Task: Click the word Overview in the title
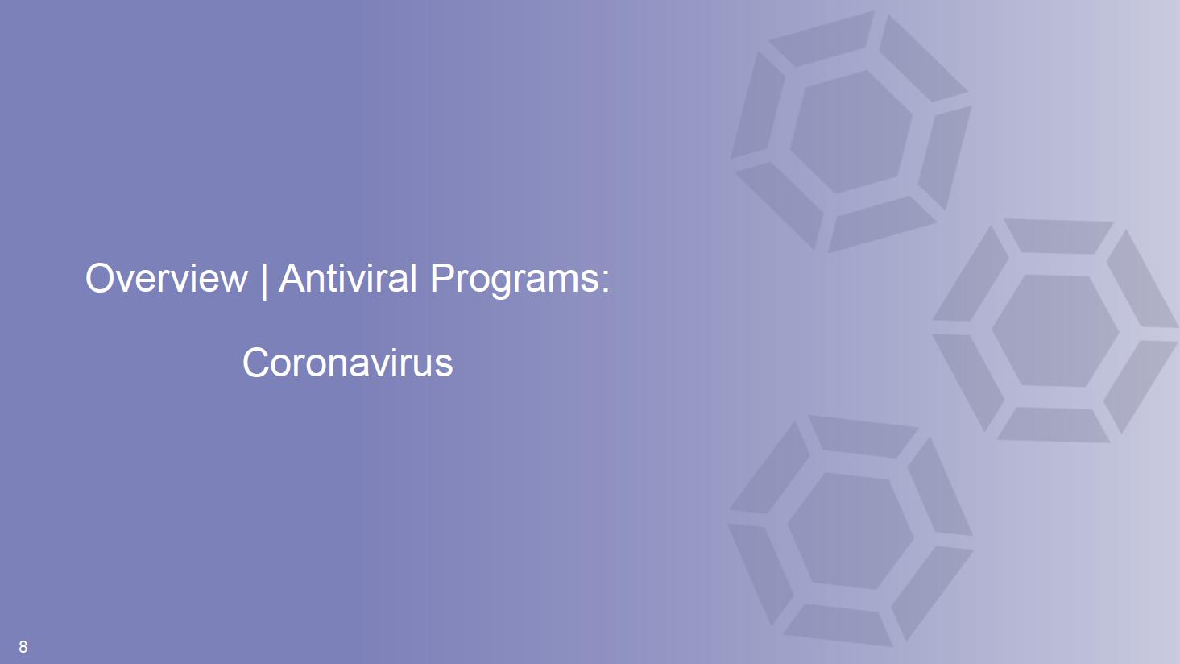(167, 278)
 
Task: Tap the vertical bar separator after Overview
(264, 280)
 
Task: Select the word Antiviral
(348, 278)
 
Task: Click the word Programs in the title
(514, 280)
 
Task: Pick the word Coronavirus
(348, 363)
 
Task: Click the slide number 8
(23, 646)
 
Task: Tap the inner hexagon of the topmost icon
(851, 131)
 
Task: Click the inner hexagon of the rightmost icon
(1056, 331)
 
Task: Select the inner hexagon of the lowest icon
(851, 531)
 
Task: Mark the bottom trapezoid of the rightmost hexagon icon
(1054, 425)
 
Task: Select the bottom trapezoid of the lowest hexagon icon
(838, 625)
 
